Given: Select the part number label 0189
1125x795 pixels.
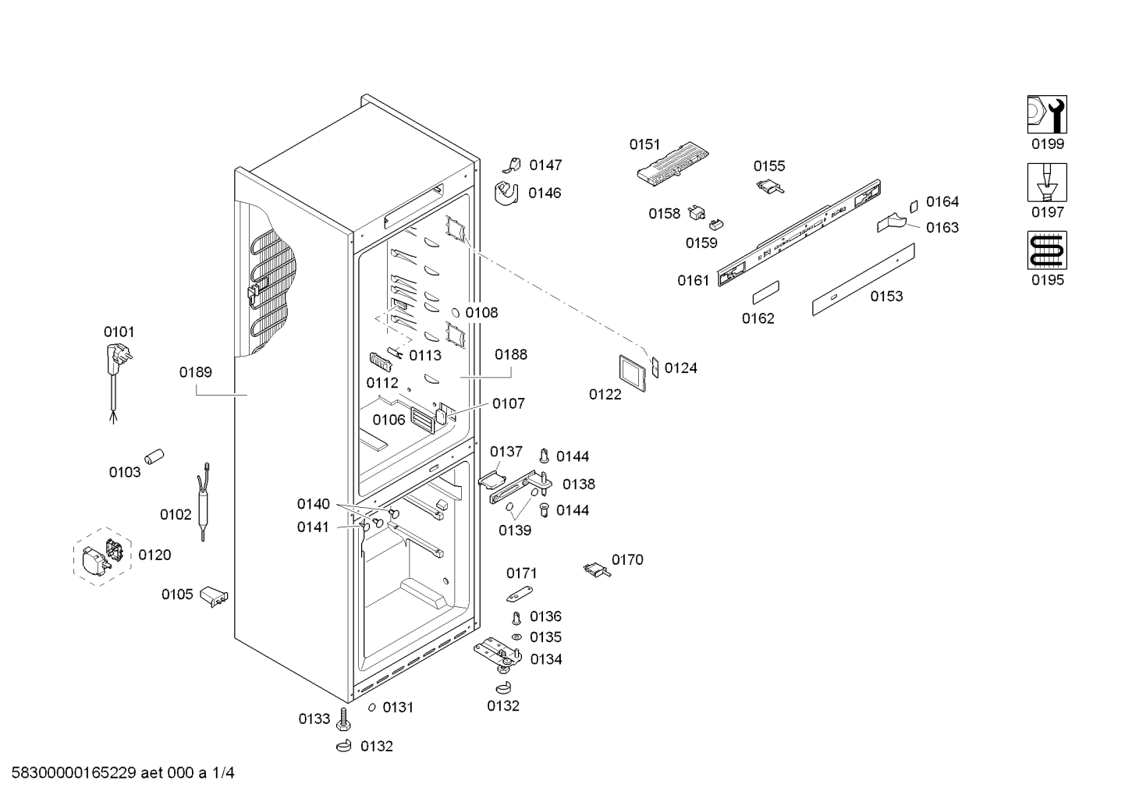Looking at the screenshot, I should coord(195,372).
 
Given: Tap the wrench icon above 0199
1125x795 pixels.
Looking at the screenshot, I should coord(1046,115).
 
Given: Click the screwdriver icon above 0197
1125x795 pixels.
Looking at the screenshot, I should coord(1046,183).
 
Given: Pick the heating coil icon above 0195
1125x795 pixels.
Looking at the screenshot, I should coord(1046,250).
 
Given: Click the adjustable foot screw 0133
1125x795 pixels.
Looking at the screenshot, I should coord(344,719).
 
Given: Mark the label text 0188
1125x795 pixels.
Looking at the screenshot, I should coord(511,354).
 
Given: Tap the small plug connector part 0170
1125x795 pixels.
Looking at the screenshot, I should coord(597,570).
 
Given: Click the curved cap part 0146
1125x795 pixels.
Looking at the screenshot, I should coord(508,193).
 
